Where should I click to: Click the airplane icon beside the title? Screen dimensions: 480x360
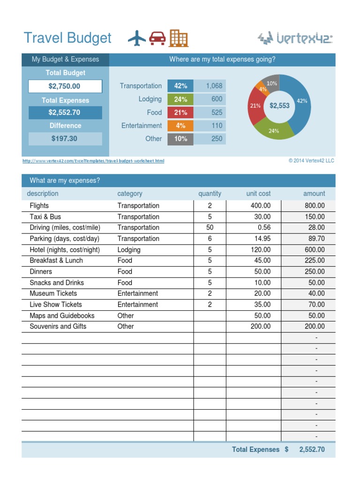click(x=137, y=38)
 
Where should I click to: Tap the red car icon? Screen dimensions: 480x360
click(x=157, y=38)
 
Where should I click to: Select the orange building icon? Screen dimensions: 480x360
click(x=179, y=38)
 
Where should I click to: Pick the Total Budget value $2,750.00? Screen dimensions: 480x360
click(x=65, y=86)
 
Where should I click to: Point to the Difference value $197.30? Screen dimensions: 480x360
click(x=65, y=139)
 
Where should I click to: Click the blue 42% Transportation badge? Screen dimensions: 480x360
click(x=180, y=86)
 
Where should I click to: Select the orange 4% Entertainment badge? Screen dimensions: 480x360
click(x=180, y=126)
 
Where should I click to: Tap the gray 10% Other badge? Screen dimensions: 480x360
click(x=180, y=139)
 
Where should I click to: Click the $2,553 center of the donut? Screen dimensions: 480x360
click(x=279, y=106)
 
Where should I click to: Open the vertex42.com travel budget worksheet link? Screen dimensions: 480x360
click(x=93, y=161)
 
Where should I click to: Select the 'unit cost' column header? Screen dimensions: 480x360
click(x=258, y=194)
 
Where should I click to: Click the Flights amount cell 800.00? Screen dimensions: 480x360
click(x=315, y=206)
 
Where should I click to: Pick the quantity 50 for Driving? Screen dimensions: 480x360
click(x=210, y=227)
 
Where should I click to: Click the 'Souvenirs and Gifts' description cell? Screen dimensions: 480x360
click(x=58, y=326)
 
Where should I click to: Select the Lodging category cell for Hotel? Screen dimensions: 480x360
click(x=129, y=250)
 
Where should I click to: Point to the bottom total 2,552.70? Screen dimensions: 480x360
click(x=312, y=450)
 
